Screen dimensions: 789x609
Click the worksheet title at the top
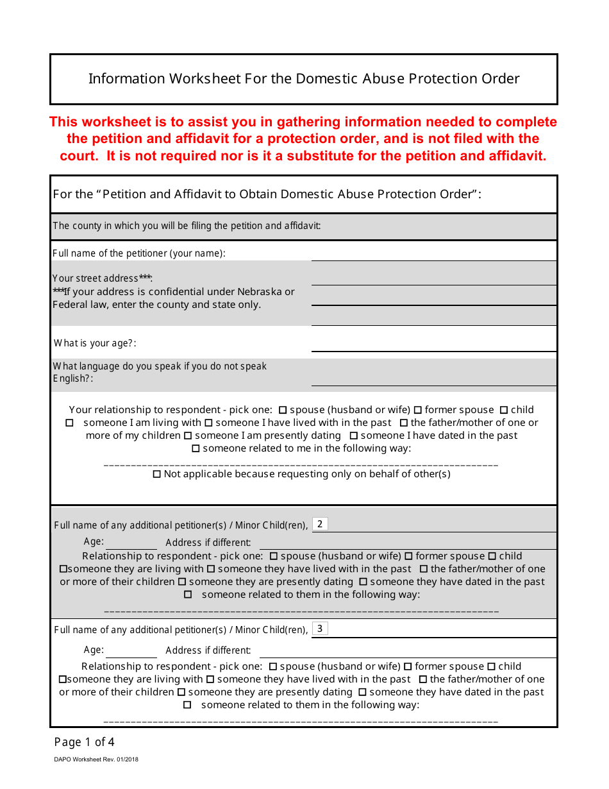point(304,79)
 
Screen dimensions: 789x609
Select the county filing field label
point(187,226)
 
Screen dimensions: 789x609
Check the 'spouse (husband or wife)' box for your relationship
point(283,410)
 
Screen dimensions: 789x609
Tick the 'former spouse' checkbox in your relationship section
point(418,410)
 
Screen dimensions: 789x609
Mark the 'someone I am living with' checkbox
point(70,423)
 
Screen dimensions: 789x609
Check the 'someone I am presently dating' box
point(188,436)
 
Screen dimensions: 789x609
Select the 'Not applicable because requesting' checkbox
point(157,474)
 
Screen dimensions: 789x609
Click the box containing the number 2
point(320,524)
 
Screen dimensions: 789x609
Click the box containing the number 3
point(320,629)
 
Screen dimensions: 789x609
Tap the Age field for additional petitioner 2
point(131,543)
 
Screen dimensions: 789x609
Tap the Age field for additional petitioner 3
point(131,650)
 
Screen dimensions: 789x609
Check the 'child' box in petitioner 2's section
point(492,556)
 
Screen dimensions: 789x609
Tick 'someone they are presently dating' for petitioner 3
point(181,692)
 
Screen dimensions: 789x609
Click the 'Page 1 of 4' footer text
point(85,742)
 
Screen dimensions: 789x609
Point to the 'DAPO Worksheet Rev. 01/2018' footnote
point(96,759)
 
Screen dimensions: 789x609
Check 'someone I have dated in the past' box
point(354,436)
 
